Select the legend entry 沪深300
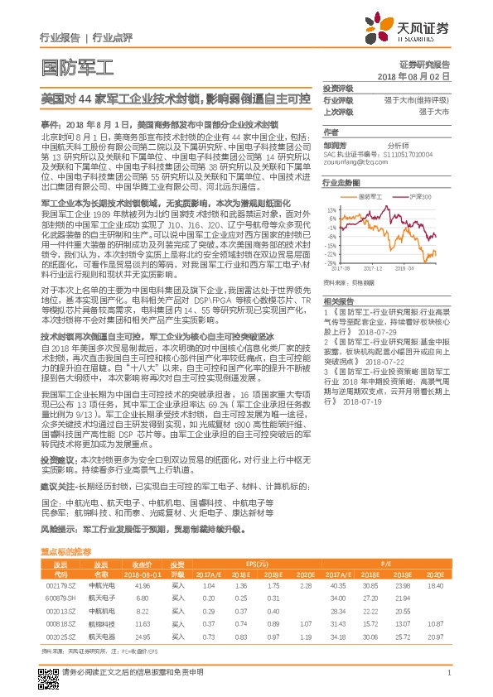pos(422,197)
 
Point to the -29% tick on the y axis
pos(331,262)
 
